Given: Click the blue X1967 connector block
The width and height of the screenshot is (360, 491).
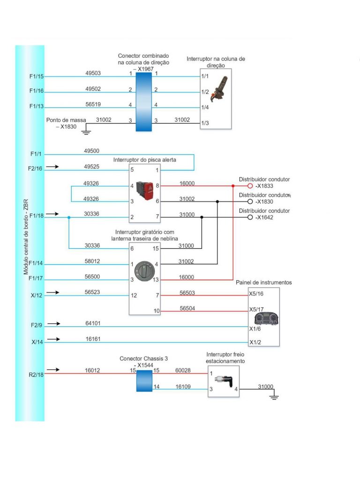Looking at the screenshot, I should click(143, 101).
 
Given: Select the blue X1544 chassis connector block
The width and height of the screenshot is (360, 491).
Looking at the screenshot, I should click(144, 381).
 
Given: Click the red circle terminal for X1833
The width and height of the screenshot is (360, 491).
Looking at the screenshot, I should click(250, 186).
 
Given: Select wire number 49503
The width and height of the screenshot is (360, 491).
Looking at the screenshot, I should click(93, 73).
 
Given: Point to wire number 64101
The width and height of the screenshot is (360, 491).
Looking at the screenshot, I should click(93, 323).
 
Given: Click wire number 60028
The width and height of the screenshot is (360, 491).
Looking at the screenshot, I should click(183, 370).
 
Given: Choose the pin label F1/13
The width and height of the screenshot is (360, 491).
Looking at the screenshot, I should click(37, 106).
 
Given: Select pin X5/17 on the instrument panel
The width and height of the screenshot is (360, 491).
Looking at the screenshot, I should click(256, 309).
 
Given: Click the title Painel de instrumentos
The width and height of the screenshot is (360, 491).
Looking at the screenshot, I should click(263, 283).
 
